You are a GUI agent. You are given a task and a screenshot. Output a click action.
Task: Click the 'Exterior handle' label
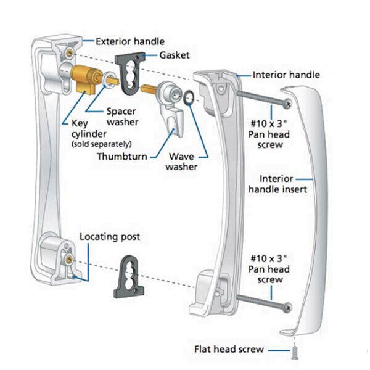tap(129, 41)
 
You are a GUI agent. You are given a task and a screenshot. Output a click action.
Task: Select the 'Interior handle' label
tap(286, 75)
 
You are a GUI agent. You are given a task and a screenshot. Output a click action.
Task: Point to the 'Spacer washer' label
tap(121, 117)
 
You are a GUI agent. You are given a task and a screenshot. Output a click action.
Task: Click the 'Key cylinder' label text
tap(79, 128)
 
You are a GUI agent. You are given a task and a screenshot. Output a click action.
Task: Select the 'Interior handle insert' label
tap(283, 184)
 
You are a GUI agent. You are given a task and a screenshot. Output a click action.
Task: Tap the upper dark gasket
tap(130, 72)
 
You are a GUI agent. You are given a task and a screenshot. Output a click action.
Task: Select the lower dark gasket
tap(130, 275)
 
